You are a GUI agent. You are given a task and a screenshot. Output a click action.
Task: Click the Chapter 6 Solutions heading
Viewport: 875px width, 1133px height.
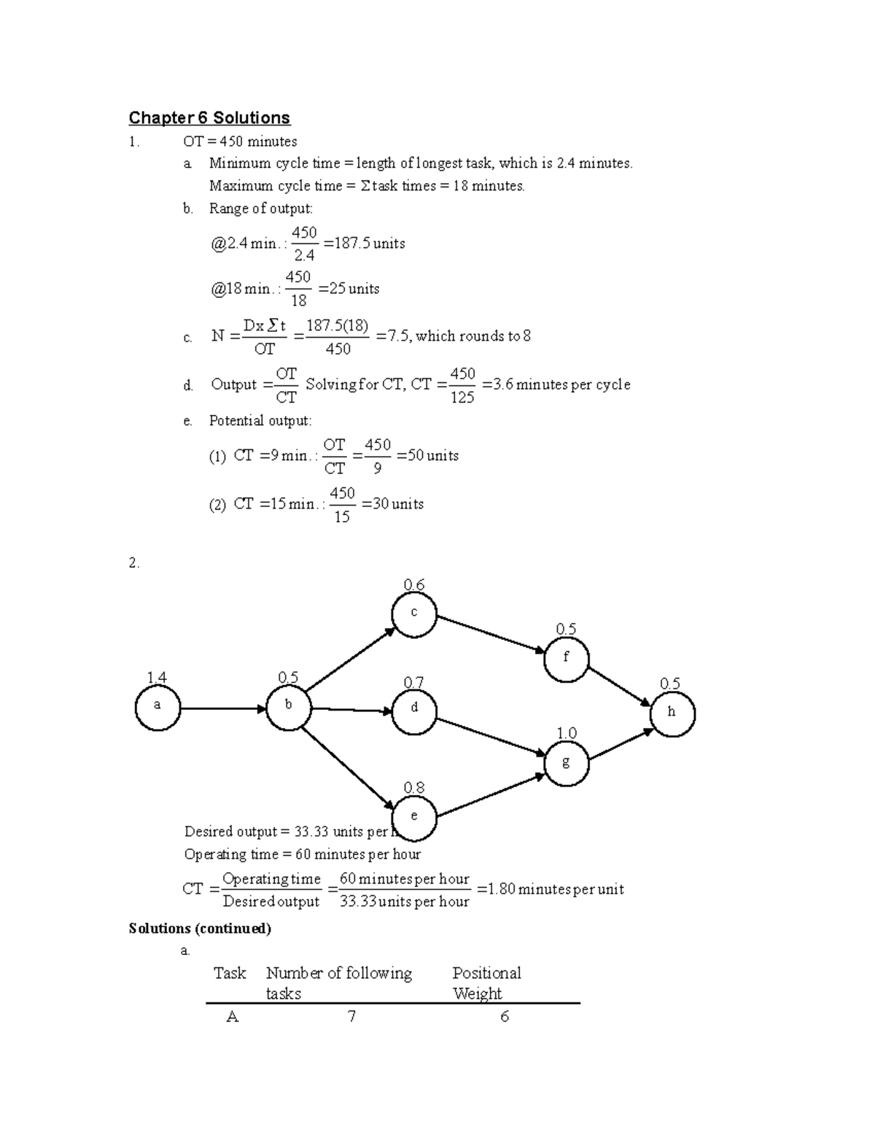(x=209, y=118)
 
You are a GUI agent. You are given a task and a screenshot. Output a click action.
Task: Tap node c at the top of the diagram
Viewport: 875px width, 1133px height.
(x=414, y=614)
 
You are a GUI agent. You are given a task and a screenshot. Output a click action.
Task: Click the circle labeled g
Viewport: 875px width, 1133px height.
(x=566, y=763)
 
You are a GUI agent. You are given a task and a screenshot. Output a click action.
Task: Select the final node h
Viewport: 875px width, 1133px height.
(x=672, y=714)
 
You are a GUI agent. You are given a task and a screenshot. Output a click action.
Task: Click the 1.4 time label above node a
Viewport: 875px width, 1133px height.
(x=157, y=678)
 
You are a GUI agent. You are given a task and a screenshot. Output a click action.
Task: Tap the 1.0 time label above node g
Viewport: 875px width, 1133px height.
(x=567, y=733)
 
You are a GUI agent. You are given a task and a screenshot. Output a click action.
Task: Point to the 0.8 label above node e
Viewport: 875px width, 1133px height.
(x=414, y=788)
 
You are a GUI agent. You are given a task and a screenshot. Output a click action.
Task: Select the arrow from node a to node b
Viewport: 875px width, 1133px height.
(x=222, y=708)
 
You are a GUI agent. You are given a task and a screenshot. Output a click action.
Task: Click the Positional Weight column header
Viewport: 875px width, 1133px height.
(x=486, y=983)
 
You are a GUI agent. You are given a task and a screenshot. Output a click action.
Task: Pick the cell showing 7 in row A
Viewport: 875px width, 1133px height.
(x=352, y=1016)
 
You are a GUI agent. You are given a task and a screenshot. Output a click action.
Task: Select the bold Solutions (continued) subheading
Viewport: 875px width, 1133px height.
(x=200, y=928)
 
